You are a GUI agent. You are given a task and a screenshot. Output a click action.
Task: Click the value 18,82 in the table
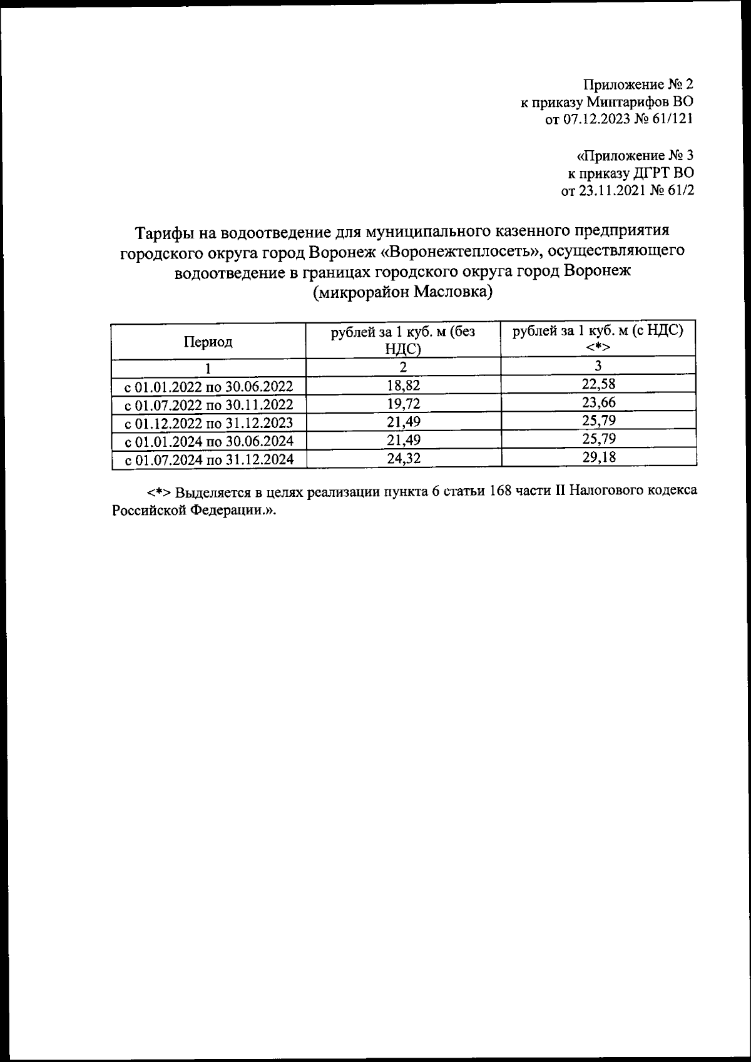404,385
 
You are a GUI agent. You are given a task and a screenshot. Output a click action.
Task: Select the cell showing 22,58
598,384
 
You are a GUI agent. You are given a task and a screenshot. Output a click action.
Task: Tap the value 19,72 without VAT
404,403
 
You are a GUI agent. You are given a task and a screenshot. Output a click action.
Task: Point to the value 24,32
404,459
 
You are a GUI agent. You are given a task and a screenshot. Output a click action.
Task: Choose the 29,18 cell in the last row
598,457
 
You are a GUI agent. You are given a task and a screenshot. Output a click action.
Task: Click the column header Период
208,342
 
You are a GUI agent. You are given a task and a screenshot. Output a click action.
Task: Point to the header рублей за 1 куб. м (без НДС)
403,341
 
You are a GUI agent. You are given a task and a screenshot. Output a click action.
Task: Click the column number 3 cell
598,365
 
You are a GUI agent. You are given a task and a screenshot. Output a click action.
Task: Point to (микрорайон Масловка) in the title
403,292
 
